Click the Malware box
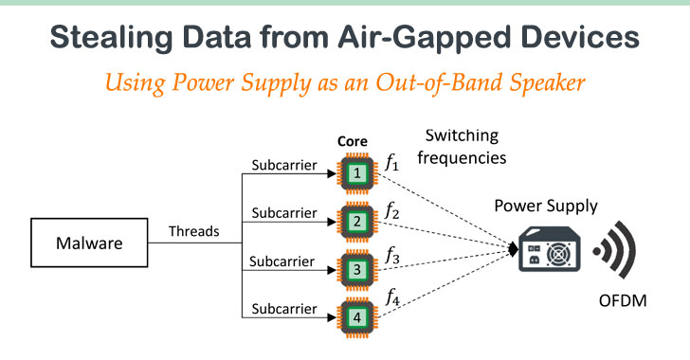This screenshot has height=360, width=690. click(88, 243)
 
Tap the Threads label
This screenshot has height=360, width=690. click(195, 231)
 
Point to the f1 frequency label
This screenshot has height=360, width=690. click(391, 163)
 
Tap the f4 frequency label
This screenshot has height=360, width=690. click(391, 299)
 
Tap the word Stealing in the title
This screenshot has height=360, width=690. click(102, 39)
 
